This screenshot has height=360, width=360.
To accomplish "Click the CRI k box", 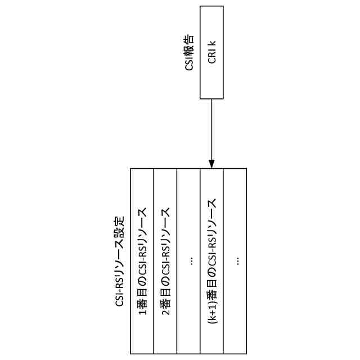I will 211,52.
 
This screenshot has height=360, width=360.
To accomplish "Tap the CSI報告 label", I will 190,52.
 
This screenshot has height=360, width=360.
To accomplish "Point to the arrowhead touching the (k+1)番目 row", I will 211,164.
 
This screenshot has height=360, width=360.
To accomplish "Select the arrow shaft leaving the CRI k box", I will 211,129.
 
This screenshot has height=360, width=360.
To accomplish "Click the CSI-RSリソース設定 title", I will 119,261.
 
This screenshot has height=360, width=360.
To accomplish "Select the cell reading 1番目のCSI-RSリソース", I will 142,261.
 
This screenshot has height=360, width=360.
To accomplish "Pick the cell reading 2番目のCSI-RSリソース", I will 165,261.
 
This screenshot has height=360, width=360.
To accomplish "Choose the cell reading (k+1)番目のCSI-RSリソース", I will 212,261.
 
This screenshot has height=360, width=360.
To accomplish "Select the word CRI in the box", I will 211,57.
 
